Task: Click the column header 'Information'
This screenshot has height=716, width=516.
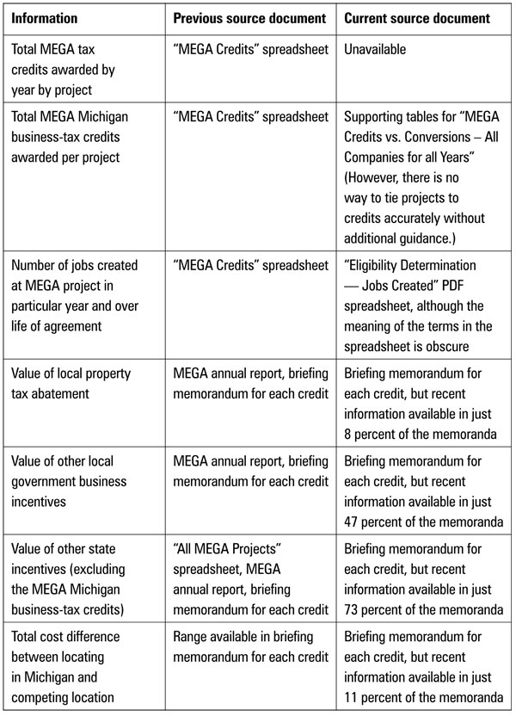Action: click(x=45, y=18)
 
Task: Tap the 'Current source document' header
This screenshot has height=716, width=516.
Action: click(x=417, y=18)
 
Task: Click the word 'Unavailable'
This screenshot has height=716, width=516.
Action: click(x=374, y=50)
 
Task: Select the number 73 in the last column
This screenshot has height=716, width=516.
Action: click(x=353, y=611)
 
